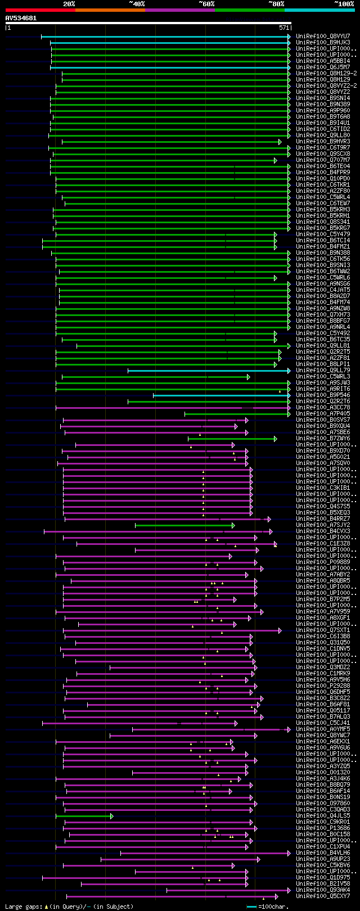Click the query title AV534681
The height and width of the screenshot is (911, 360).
pos(21,18)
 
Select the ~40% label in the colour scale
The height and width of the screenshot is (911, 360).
pos(137,4)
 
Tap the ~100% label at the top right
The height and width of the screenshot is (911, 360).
pos(344,4)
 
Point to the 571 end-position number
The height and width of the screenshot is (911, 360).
pos(284,28)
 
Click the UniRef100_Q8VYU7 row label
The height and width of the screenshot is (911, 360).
pos(323,36)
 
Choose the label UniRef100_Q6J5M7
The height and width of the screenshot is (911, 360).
pos(323,67)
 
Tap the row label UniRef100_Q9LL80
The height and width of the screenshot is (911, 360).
pos(323,135)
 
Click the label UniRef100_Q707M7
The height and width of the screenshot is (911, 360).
pos(323,160)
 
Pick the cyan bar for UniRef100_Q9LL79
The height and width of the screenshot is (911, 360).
pos(208,371)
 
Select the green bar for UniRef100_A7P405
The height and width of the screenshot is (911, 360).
pos(236,414)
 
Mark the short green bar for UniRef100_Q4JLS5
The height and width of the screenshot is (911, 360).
pos(84,816)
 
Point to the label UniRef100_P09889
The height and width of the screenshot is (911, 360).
pos(323,562)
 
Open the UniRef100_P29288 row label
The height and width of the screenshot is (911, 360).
pos(323,685)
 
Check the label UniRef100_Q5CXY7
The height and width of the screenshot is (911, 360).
pos(323,896)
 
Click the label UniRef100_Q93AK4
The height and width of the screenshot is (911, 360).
pos(323,890)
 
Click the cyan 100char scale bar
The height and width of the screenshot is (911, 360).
pos(251,907)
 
